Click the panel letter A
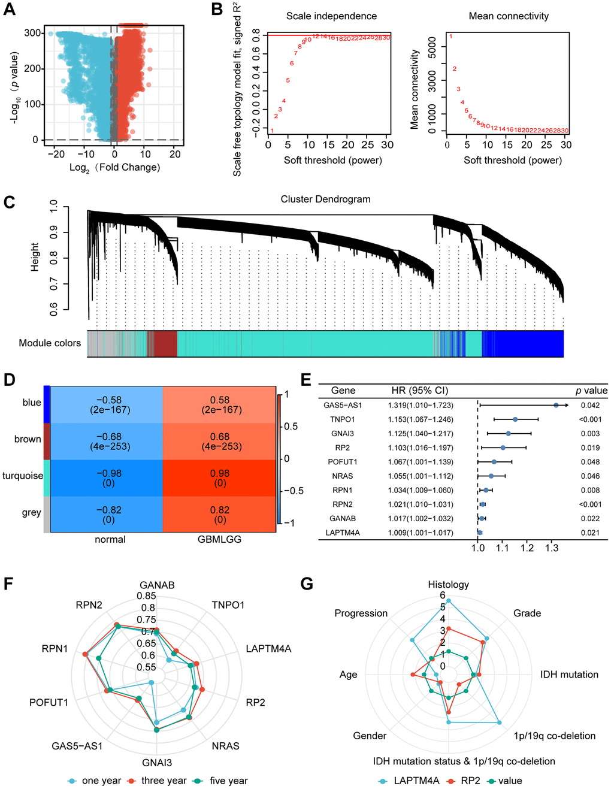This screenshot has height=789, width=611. [9, 10]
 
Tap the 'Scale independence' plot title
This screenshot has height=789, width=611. [331, 16]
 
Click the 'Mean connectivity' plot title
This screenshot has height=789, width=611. [509, 16]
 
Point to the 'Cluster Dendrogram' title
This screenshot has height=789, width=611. [325, 199]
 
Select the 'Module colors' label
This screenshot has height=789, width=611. [50, 343]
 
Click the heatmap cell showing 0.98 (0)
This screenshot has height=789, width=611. [220, 478]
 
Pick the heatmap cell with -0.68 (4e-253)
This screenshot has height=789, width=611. [108, 442]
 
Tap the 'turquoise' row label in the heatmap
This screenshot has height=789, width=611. [23, 476]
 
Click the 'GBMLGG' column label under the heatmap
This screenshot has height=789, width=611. [219, 539]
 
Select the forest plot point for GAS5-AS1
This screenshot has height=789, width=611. [556, 406]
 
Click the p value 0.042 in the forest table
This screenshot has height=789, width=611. [589, 406]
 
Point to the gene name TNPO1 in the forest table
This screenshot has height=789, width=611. [343, 419]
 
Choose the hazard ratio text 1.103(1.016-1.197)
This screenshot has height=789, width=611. [421, 448]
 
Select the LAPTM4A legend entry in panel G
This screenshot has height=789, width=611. [416, 781]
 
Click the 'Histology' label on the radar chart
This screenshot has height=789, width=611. [448, 585]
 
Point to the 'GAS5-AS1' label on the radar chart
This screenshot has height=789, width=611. [77, 746]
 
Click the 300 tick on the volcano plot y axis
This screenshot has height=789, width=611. [33, 33]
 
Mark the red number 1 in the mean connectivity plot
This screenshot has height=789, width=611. [450, 37]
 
